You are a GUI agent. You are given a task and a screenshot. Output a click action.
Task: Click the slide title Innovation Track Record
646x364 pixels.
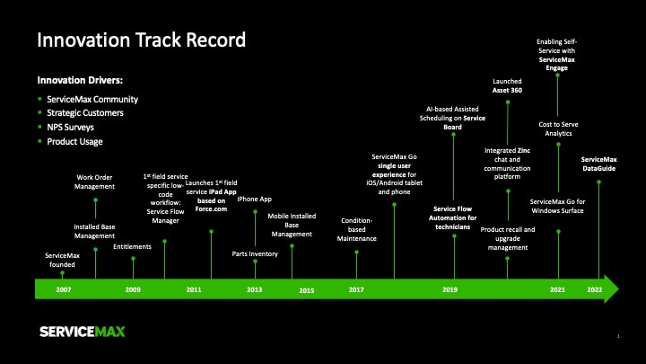(142, 40)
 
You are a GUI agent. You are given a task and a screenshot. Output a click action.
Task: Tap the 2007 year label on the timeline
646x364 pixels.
(64, 289)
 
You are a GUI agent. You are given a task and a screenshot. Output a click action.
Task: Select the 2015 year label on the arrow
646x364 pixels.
(307, 290)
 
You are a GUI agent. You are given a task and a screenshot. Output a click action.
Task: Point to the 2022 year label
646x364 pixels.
(595, 289)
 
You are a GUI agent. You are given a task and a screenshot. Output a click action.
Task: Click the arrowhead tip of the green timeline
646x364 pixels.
(619, 289)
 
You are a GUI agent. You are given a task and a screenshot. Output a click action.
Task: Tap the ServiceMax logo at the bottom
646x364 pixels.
(83, 332)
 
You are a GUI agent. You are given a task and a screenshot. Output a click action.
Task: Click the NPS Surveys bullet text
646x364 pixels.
(71, 127)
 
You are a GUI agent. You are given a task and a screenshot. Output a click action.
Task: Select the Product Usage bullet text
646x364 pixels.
(74, 142)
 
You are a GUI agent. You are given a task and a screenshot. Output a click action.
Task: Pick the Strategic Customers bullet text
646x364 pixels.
(85, 113)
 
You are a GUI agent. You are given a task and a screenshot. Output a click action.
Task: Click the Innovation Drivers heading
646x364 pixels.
(80, 80)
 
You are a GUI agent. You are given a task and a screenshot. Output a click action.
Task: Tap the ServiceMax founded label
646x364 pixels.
(62, 260)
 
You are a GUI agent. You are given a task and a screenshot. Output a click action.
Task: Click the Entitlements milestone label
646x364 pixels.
(132, 247)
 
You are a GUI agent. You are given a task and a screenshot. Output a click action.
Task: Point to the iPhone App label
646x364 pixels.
(254, 199)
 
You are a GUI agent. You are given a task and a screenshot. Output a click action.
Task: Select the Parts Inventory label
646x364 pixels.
(255, 253)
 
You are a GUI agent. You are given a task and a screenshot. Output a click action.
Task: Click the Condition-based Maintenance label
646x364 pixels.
(357, 229)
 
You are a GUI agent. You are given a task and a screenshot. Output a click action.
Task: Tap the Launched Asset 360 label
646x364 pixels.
(507, 86)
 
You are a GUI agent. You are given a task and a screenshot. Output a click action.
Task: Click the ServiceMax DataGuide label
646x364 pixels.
(599, 164)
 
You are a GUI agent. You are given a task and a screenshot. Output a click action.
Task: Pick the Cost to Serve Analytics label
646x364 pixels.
(558, 129)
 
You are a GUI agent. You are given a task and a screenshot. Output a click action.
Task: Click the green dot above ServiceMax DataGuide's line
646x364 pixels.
(598, 182)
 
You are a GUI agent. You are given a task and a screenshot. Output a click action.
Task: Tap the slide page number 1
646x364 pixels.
(618, 336)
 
